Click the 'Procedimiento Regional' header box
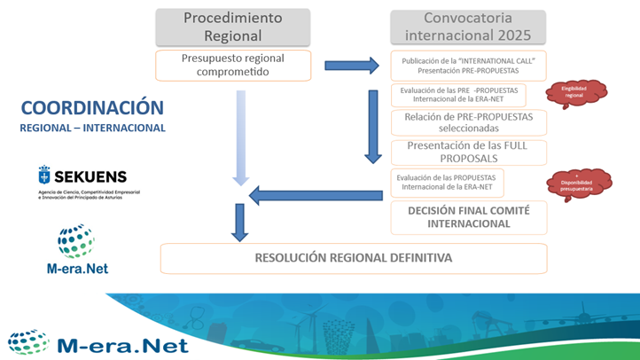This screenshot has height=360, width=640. coord(233,27)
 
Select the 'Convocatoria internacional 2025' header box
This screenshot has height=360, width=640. coord(467,27)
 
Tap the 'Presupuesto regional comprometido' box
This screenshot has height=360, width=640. coord(233,65)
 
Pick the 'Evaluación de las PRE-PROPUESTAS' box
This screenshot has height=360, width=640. coord(458,95)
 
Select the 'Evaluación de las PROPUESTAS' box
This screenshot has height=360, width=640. coord(447,182)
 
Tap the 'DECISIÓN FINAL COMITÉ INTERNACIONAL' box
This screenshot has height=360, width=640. coord(470,217)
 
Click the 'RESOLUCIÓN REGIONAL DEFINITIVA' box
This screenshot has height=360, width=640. coord(353,258)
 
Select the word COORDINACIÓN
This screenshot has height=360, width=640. coord(92,108)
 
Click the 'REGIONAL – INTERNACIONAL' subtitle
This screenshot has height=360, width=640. coord(92,129)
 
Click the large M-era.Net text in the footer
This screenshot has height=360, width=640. coord(122,344)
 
